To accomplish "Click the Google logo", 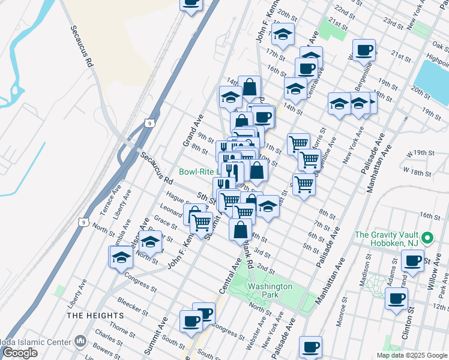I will (x=20, y=353).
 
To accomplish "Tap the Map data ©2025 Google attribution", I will (x=412, y=355).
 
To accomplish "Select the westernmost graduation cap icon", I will (x=121, y=257).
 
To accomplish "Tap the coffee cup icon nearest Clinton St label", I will (x=397, y=298).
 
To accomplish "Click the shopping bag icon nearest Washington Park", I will (x=240, y=229).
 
